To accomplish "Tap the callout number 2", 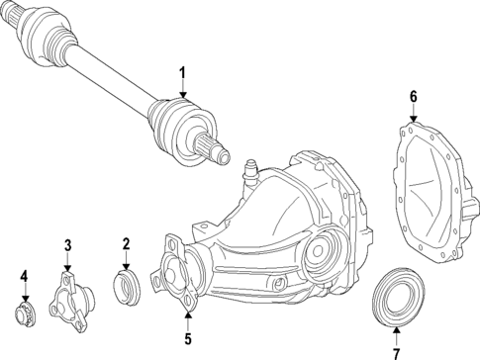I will [x=127, y=244].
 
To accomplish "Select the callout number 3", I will [x=67, y=245].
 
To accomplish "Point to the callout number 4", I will [x=24, y=278].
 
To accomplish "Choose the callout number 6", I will [x=414, y=97].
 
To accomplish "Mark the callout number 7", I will [x=396, y=352].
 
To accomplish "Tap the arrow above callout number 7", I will [x=396, y=331].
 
